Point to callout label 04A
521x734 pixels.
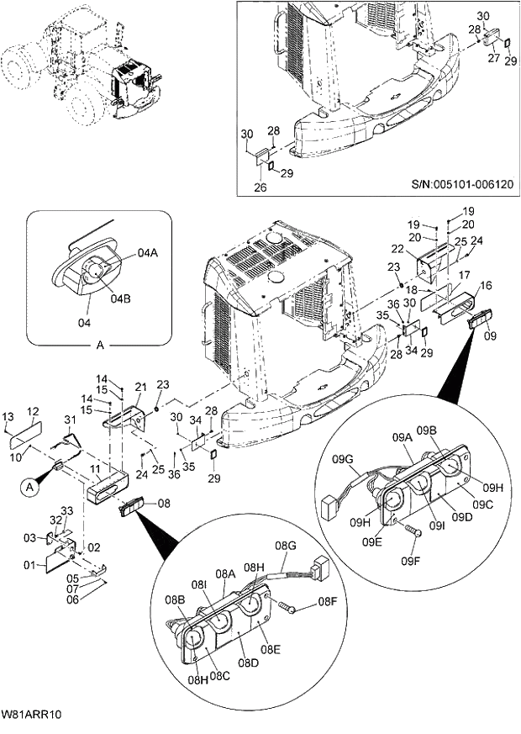[x=147, y=253]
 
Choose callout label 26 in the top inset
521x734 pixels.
[x=260, y=187]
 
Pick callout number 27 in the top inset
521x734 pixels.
[x=494, y=59]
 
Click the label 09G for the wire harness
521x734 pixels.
[x=342, y=459]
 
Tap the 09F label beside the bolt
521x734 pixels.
[x=410, y=561]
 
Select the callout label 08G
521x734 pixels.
[x=287, y=547]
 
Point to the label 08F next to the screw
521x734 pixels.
[x=327, y=603]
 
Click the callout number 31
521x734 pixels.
[x=70, y=420]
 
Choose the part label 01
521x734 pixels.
[x=29, y=564]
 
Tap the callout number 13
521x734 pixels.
[x=8, y=418]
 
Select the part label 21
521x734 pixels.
[x=140, y=387]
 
